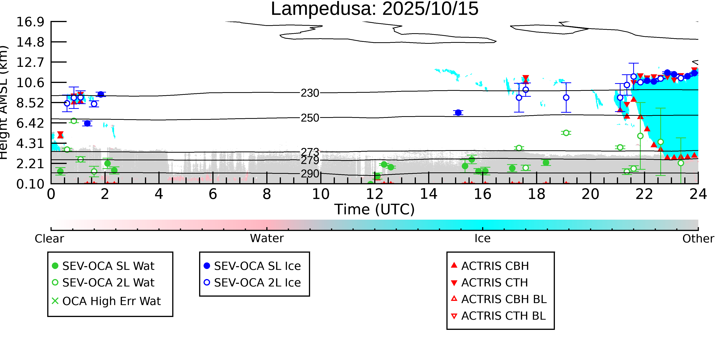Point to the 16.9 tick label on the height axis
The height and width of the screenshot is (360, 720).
pos(30,22)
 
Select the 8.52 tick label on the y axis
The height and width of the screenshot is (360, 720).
pos(30,103)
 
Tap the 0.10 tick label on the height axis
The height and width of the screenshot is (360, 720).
pos(30,184)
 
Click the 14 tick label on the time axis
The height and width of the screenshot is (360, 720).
pos(429,194)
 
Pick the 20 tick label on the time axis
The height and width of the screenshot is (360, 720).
pos(590,194)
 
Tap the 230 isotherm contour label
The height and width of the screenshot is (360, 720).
pos(310,93)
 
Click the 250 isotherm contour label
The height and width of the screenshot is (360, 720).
pos(310,118)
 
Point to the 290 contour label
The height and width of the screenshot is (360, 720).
pos(310,174)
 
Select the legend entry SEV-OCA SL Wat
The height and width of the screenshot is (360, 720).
pos(108,266)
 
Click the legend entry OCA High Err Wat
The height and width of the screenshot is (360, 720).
pos(111,301)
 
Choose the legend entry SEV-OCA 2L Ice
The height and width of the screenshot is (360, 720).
pos(257,283)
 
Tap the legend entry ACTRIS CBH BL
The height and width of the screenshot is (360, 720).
pos(504,299)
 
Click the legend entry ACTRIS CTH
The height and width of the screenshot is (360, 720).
pos(494,283)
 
